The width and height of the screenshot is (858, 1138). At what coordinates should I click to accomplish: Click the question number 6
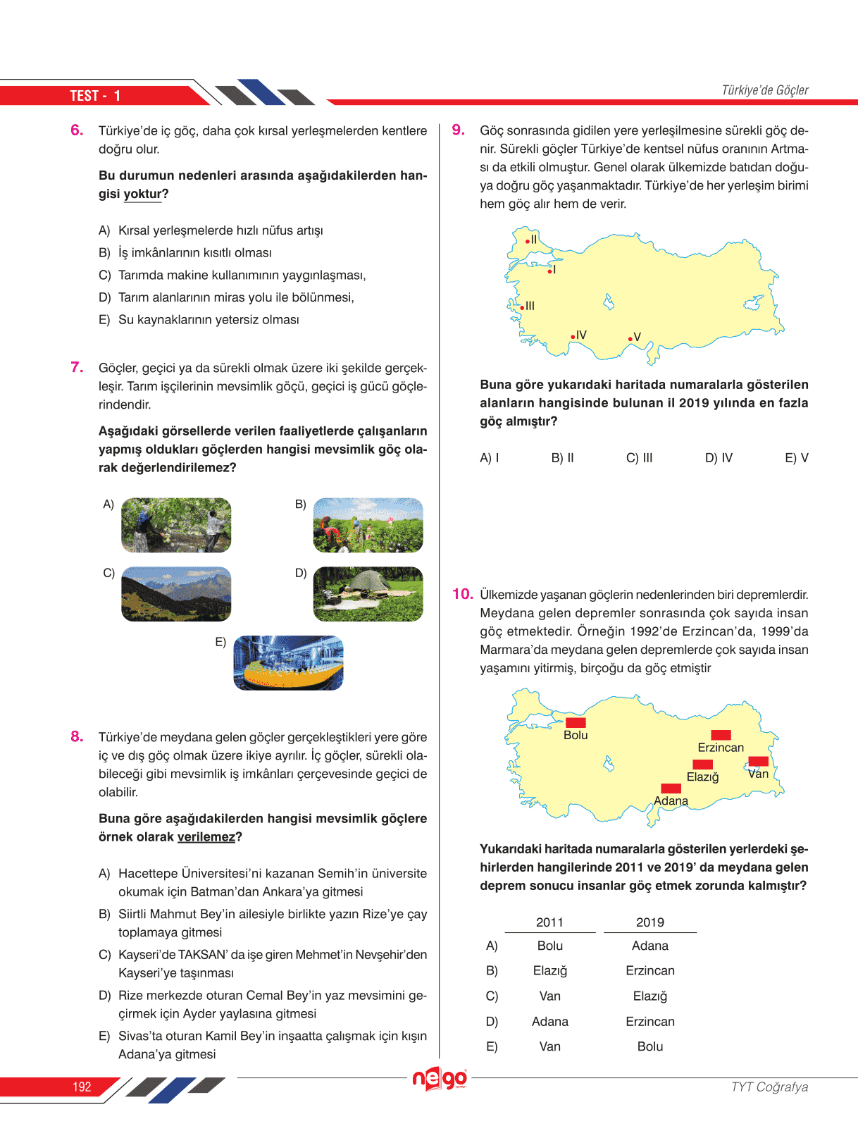77,130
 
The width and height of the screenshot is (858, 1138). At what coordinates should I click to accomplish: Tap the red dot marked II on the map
528,242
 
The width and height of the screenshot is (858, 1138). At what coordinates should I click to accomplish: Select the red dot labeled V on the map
630,339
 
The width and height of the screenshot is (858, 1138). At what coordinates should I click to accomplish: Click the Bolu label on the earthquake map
576,735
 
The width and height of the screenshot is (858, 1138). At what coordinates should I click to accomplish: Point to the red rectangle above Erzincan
721,735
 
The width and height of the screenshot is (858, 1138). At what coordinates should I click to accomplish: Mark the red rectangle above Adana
671,788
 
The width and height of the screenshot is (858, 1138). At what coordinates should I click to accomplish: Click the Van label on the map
758,774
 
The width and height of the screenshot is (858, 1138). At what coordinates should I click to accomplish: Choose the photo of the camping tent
368,594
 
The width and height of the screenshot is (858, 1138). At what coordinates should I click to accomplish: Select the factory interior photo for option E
288,662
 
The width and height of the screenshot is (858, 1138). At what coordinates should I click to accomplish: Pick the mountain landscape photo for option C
176,594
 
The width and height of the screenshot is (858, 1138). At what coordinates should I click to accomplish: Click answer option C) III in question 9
639,458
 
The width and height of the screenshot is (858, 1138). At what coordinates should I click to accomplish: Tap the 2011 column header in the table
549,922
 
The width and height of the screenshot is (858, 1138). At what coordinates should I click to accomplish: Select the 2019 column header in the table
649,922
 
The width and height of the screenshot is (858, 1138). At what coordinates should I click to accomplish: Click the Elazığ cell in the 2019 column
649,996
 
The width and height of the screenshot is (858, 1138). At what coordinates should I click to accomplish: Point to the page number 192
82,1087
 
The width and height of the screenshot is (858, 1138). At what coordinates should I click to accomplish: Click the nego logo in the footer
440,1079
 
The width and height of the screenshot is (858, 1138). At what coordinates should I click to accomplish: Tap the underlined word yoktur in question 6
143,194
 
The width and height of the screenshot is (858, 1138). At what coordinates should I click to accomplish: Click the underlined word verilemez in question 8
206,837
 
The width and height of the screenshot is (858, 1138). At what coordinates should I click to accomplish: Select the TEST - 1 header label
95,96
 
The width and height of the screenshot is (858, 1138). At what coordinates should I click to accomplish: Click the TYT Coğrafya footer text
769,1087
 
